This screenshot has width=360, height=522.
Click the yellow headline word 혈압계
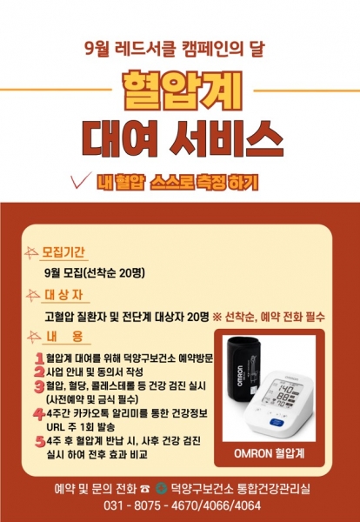point(182,90)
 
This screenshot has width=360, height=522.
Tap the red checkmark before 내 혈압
point(81,180)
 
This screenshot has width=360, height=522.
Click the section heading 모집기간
point(63,252)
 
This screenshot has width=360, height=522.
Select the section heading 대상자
point(63,295)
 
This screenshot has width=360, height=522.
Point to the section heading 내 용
point(64,336)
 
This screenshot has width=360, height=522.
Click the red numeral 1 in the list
point(40,358)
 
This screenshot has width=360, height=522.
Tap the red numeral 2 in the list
point(39,371)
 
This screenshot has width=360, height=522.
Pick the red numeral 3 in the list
point(39,386)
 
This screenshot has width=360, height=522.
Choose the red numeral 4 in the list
point(39,414)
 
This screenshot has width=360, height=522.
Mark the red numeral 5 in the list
point(40,441)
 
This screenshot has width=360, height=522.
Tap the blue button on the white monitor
point(277,422)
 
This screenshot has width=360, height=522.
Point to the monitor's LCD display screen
point(282,394)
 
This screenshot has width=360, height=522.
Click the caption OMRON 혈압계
point(270,453)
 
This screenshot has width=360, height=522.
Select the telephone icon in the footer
point(144,489)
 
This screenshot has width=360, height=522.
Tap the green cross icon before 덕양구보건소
point(162,489)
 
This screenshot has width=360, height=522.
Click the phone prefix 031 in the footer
point(113,505)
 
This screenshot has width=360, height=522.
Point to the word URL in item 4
point(57,427)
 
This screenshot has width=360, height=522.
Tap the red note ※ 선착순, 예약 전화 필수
point(269,317)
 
